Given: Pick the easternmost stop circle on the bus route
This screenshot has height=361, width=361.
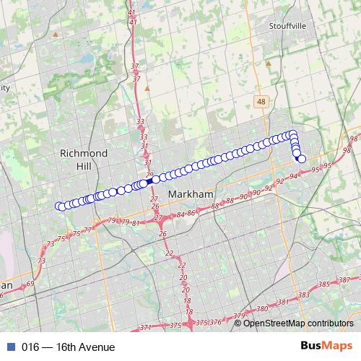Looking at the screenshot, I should coord(302,159).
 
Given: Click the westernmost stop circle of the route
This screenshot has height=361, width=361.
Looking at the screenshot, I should coord(59,206).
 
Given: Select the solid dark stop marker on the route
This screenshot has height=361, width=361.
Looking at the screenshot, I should coord(143,183).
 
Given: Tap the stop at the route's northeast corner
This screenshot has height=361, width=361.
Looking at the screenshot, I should coord(292,134).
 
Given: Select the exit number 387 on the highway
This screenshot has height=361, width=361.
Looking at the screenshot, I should coord(344,280).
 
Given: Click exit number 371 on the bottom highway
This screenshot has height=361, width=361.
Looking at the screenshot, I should coord(146,327).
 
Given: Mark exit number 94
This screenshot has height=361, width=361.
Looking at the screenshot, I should coord(293,176).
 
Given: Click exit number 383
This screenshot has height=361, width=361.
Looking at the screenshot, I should coord(303,295).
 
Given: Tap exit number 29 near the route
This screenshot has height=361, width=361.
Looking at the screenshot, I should coord(149,175).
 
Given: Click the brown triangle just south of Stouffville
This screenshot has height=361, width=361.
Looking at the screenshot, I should coord(269,63).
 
